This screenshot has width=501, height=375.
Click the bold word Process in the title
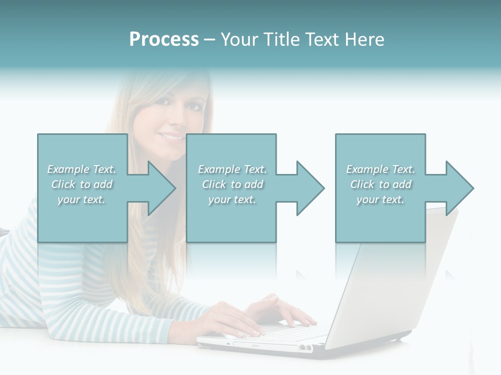tap(164, 40)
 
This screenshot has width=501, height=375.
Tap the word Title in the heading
tap(281, 40)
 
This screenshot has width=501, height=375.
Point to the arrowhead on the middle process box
tap(310, 188)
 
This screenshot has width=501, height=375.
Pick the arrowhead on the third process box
tap(459, 188)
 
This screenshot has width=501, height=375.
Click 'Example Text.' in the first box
tap(81, 169)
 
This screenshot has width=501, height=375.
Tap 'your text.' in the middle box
tap(232, 199)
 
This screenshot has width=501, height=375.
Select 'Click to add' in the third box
tap(380, 184)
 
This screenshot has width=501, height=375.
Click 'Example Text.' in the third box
tap(380, 169)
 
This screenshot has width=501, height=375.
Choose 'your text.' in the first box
tap(81, 199)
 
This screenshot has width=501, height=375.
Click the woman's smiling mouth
tap(171, 136)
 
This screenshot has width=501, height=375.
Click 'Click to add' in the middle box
tap(232, 184)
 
